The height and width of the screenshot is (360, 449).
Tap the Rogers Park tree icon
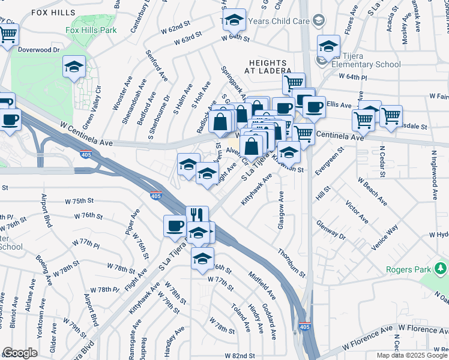click(442, 266)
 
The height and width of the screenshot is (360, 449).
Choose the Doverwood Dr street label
click(40, 50)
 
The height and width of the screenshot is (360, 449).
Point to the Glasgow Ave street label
click(280, 210)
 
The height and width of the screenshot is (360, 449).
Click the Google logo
click(20, 353)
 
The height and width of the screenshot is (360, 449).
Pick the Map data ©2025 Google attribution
click(412, 355)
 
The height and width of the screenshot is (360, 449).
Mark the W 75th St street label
click(79, 200)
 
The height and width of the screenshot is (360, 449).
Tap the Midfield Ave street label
click(262, 286)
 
